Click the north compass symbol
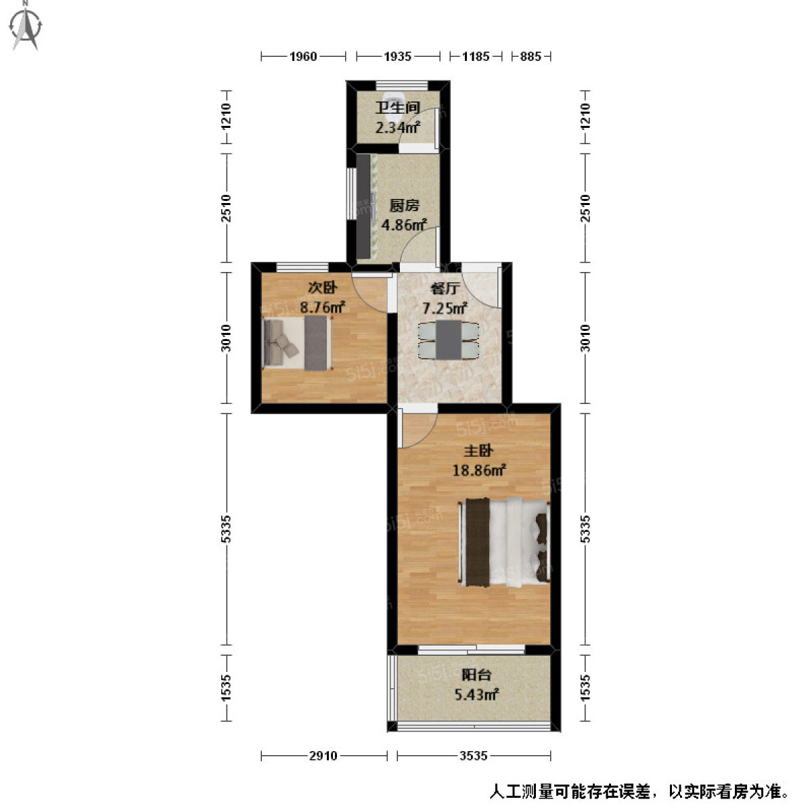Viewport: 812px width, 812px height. point(26,27)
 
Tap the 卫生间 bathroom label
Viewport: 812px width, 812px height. point(398,108)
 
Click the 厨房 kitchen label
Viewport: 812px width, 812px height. point(404,206)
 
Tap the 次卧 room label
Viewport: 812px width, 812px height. point(322,288)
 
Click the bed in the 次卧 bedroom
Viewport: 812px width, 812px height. point(297,344)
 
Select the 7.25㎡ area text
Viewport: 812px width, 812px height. point(445,308)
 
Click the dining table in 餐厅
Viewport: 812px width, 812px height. point(449,340)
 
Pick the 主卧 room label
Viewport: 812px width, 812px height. point(478,451)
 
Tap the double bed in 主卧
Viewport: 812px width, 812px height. point(504,542)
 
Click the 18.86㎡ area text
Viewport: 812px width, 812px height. point(479,470)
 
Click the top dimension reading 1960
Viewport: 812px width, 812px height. point(303,56)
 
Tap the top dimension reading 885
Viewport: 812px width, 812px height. point(530,56)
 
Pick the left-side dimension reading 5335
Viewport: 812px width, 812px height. point(226,528)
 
